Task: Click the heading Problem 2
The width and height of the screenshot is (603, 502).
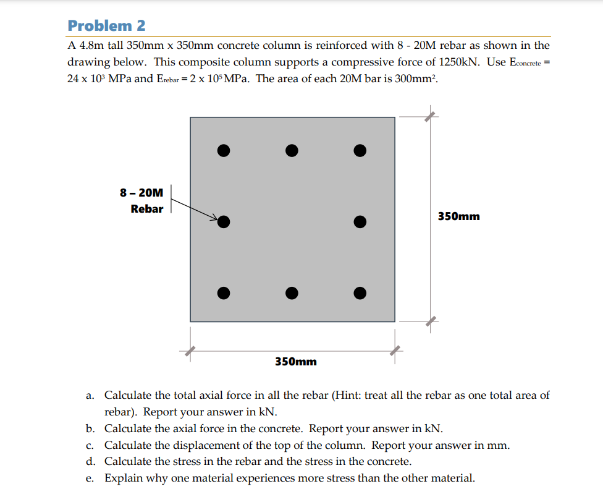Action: (x=107, y=25)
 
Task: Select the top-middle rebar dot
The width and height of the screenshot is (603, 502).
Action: (x=292, y=150)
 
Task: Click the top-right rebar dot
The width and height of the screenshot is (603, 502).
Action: (x=360, y=150)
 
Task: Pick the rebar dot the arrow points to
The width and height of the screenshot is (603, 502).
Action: (x=224, y=221)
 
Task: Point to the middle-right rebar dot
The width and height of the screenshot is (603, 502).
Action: (x=360, y=221)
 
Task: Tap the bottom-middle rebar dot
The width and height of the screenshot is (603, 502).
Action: (x=292, y=292)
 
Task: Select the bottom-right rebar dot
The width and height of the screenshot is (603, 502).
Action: (x=360, y=292)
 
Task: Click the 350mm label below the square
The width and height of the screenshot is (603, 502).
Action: (x=295, y=361)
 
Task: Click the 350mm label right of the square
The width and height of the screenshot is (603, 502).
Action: (x=458, y=216)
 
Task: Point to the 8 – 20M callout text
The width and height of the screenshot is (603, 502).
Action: (x=141, y=193)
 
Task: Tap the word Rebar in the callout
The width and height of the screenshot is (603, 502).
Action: (x=147, y=209)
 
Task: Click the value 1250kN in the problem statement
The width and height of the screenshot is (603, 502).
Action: (x=459, y=62)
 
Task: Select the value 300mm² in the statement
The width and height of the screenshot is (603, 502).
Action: (x=414, y=79)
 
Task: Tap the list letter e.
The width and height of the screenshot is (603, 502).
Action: (x=90, y=478)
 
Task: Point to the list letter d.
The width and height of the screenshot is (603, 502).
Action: (x=90, y=461)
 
